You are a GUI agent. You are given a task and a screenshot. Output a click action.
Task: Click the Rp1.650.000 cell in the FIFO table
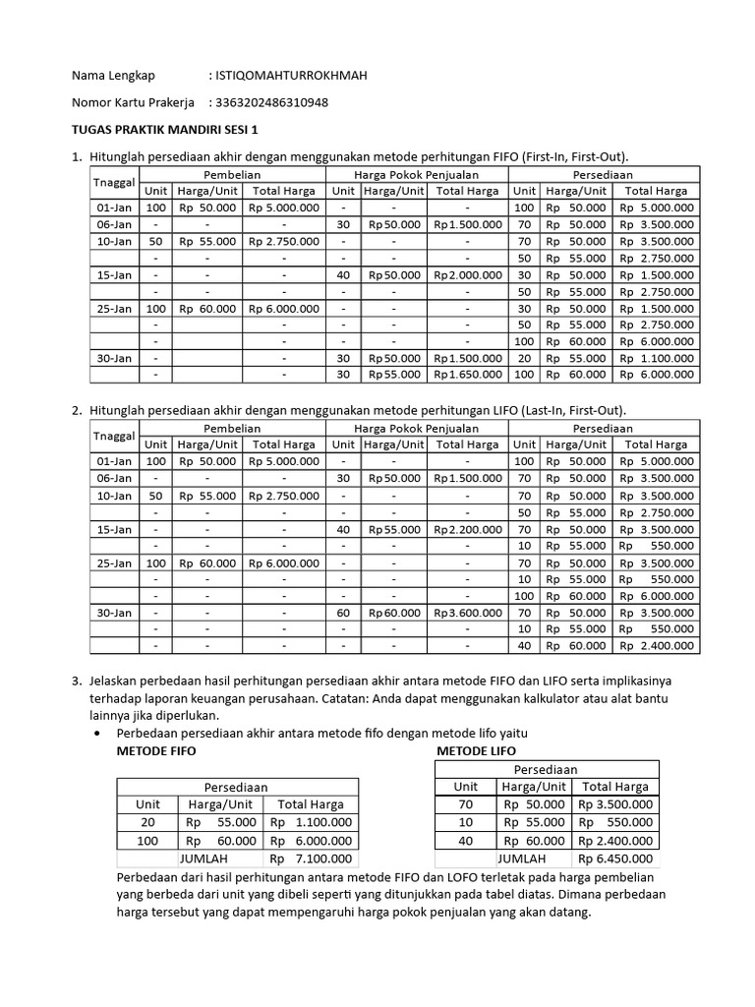click(467, 375)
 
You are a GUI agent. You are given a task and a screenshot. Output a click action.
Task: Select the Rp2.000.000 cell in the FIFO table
click(467, 274)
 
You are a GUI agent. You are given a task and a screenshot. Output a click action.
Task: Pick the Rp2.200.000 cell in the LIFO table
click(467, 528)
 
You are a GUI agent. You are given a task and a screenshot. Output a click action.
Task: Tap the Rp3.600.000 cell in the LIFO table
click(467, 612)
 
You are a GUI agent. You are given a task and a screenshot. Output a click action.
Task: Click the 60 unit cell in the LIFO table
click(343, 612)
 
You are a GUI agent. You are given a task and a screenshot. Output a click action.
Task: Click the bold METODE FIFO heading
click(156, 750)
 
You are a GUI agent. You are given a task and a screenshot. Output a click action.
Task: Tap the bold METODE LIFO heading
click(475, 750)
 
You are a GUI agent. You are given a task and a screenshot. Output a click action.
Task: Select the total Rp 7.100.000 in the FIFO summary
click(313, 859)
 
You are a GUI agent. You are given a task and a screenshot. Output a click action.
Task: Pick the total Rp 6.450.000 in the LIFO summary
click(615, 859)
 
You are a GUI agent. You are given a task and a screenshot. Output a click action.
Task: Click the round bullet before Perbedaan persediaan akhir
click(95, 735)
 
